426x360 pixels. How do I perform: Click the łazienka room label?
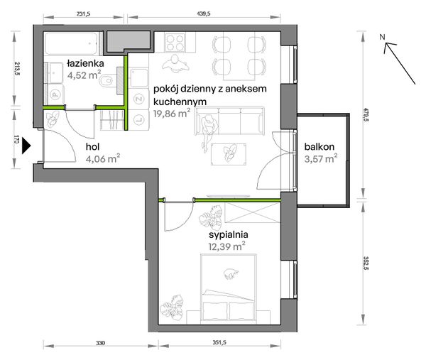coord(85,64)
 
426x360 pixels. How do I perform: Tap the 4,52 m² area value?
coord(84,75)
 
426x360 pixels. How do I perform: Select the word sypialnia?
coord(228,234)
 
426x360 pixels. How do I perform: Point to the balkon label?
coord(319,147)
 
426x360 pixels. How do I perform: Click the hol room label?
coord(92,147)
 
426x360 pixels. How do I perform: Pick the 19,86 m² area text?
coord(172,113)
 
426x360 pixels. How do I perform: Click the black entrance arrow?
coord(26,146)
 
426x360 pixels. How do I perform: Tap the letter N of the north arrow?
coord(382,36)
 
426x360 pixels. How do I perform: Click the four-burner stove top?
coord(175,43)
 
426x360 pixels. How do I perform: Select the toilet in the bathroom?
coord(109,80)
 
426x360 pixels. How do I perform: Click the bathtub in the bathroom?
coord(71,43)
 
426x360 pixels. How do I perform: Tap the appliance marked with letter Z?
coord(139,99)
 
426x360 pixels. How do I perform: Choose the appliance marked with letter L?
coord(139,119)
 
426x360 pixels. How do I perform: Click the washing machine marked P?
coord(55,94)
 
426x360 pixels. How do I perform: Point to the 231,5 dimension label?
coord(83,14)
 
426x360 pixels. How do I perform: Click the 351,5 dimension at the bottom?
coord(219,342)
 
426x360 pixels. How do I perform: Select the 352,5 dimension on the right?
coord(366,263)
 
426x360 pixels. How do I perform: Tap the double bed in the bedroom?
coord(229,289)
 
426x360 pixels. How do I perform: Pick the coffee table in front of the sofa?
coord(229,154)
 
